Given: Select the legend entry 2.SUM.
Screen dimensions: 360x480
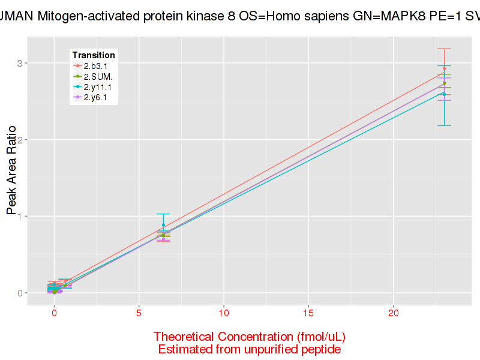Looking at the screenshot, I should [x=98, y=76].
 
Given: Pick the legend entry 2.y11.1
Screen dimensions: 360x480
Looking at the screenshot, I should [x=97, y=87].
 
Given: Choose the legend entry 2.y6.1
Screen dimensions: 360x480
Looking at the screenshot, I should [x=95, y=97].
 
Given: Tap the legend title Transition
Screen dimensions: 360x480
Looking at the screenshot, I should [x=94, y=55].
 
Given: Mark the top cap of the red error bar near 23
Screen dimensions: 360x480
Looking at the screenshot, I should [x=444, y=49].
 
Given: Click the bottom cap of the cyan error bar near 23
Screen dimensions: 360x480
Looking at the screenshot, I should [x=444, y=125].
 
